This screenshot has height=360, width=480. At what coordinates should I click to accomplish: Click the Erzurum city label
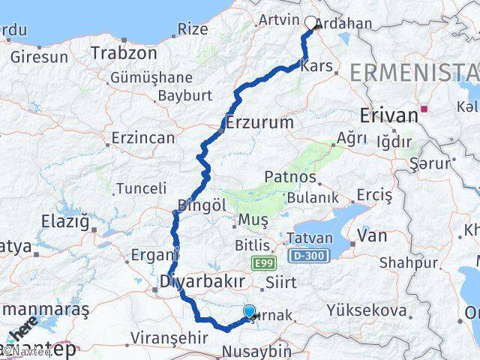[259, 121]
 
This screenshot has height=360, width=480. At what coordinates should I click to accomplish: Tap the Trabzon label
[124, 53]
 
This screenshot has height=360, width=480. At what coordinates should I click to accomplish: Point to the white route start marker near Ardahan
[311, 22]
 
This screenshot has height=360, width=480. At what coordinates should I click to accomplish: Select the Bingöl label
[202, 204]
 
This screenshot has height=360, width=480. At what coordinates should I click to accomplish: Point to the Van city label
[373, 235]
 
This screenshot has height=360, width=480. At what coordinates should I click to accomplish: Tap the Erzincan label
[142, 138]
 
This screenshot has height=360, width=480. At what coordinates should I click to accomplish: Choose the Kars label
[316, 66]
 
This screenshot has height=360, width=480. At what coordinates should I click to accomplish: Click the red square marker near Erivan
[424, 109]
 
